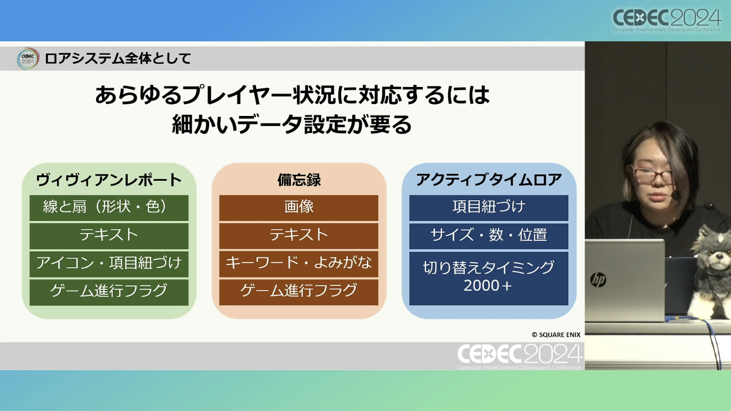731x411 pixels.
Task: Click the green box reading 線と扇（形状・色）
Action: [109, 208]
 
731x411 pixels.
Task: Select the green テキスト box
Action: [109, 236]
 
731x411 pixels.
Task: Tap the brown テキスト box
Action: [298, 236]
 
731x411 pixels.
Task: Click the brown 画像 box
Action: [298, 208]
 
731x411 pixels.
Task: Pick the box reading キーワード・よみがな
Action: [298, 264]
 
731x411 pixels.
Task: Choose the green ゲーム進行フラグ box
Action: [109, 292]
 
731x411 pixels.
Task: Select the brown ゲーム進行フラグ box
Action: [298, 292]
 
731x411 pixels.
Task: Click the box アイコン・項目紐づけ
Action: [109, 264]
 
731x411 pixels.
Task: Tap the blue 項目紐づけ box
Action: [489, 208]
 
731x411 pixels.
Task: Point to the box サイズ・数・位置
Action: [489, 236]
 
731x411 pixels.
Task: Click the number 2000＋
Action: [488, 286]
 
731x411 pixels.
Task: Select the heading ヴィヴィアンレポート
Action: [109, 180]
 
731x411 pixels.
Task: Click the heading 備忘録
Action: [299, 180]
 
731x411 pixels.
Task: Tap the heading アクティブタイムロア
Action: [489, 180]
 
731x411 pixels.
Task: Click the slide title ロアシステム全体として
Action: [117, 59]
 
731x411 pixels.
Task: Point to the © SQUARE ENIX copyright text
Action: [556, 335]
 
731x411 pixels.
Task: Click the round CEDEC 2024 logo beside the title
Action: [28, 59]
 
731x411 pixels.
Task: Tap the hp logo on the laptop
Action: [598, 279]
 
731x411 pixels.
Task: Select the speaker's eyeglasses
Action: [653, 176]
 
